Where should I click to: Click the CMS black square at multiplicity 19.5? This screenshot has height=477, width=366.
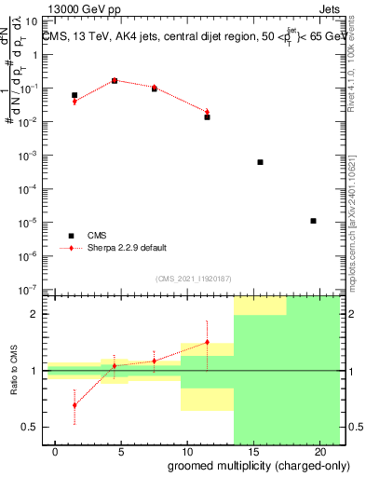tap(313, 221)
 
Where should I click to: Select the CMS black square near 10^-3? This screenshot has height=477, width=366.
tap(260, 162)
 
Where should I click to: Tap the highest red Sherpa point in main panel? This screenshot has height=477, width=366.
tap(115, 80)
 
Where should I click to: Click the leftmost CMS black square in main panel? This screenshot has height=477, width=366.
tap(75, 95)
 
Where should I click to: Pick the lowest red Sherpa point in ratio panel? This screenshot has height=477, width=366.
tap(75, 405)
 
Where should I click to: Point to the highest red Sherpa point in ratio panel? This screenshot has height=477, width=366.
tap(207, 342)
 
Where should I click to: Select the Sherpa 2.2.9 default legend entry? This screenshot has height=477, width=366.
tap(128, 248)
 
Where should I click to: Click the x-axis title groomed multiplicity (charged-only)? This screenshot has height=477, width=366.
tap(245, 465)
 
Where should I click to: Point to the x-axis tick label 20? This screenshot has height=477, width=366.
tap(313, 452)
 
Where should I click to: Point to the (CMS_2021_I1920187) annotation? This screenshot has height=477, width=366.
tap(194, 279)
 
